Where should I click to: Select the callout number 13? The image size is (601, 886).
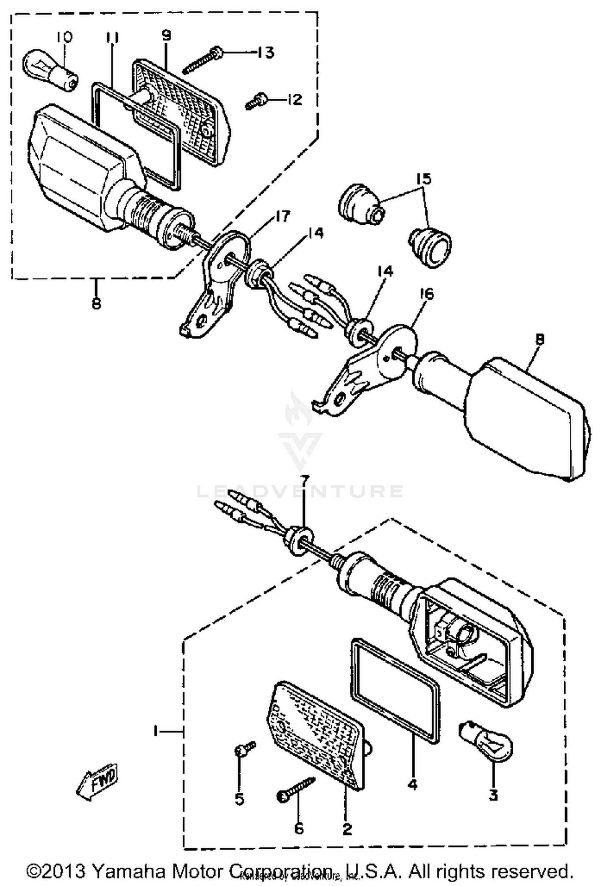(266, 52)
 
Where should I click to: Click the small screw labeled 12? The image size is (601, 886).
(256, 101)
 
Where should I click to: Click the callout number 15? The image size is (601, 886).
(424, 179)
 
